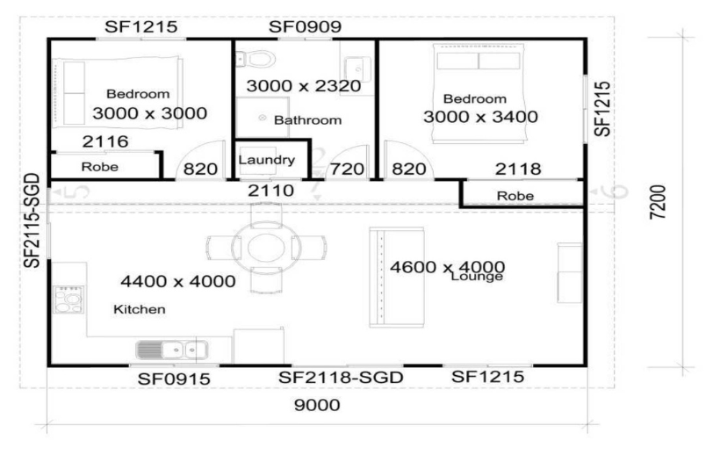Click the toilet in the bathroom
(x=257, y=60)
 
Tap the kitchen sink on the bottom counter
(x=172, y=350)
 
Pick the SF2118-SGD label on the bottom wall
(x=341, y=378)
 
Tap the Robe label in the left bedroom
(x=100, y=165)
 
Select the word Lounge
(x=475, y=276)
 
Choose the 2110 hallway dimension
(x=265, y=189)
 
